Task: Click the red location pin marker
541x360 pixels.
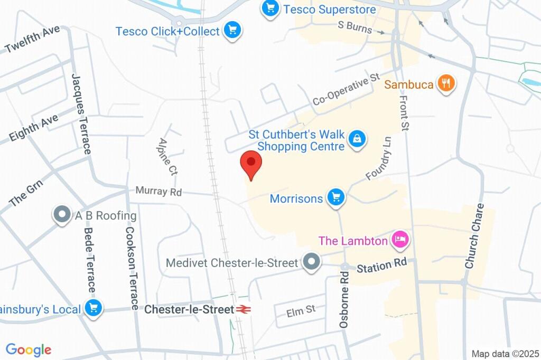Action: point(251,163)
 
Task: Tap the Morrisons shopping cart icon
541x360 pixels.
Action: point(335,198)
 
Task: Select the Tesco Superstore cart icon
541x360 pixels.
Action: point(270,8)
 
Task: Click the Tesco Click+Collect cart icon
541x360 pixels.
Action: point(231,30)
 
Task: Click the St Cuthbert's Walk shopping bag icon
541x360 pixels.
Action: point(358,139)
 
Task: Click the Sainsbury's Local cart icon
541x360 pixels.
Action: point(94,309)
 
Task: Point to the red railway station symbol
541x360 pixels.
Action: point(243,309)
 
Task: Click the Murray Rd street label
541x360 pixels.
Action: point(158,191)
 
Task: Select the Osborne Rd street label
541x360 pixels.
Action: point(344,300)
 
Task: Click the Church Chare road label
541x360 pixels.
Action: point(474,236)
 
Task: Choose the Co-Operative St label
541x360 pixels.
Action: point(346,89)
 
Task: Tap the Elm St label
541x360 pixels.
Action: point(301,311)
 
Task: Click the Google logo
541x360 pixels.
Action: point(29,349)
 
